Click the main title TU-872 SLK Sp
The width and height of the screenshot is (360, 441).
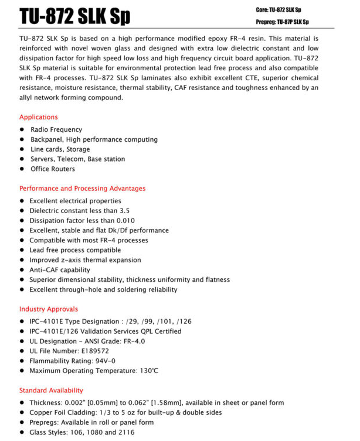tap(74, 16)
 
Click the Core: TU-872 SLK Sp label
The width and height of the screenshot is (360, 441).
tap(279, 10)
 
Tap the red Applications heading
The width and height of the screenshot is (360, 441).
tap(39, 117)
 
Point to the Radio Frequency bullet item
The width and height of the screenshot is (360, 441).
tap(56, 129)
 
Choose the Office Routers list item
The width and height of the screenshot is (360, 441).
tap(53, 169)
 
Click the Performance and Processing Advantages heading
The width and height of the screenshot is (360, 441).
tap(82, 189)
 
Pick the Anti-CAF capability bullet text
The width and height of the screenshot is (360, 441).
tap(60, 270)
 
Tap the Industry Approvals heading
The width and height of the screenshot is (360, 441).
tap(49, 309)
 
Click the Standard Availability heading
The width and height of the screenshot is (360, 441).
tap(51, 390)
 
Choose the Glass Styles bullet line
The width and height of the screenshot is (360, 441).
tap(81, 432)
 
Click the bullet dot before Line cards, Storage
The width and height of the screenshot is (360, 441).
tap(22, 149)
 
